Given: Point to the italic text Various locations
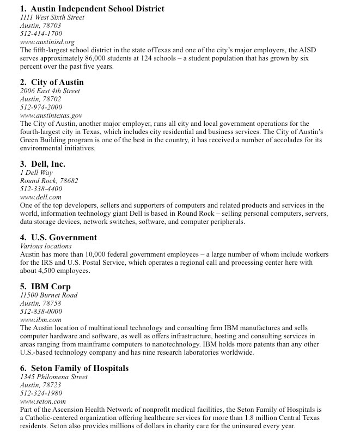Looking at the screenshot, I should (46, 246).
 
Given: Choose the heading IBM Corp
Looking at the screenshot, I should (51, 287).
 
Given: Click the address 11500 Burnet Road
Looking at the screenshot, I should (48, 295).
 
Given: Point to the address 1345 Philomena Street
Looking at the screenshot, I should (53, 377).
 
